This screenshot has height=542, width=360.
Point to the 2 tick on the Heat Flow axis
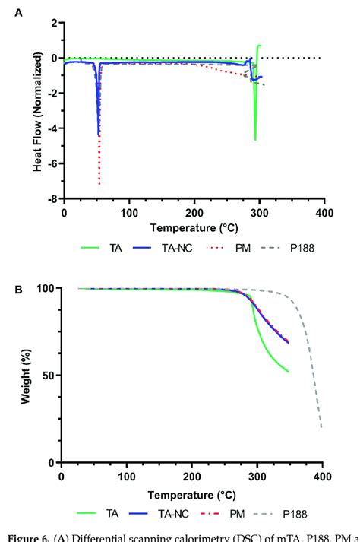(53, 23)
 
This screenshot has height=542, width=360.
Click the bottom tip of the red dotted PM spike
(99, 185)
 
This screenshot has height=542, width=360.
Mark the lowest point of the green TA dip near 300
(255, 140)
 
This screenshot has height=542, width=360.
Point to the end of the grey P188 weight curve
(322, 427)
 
